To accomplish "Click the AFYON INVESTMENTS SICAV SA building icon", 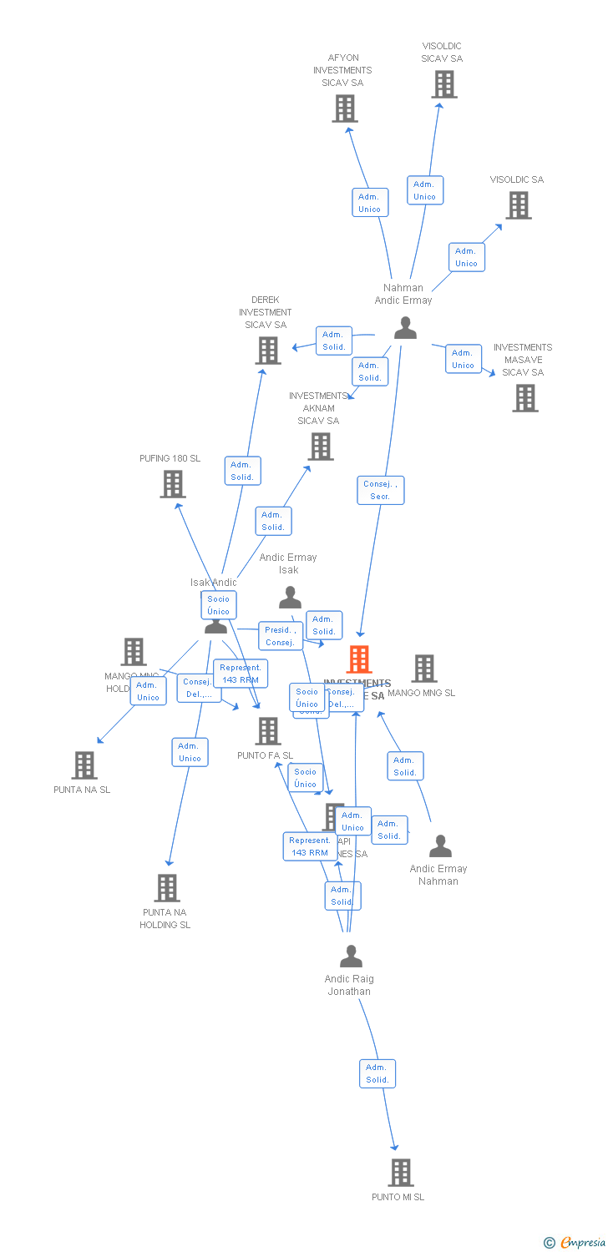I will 345,109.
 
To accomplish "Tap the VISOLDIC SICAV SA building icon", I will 444,84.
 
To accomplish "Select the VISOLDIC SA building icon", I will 519,205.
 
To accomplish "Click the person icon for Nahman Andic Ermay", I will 405,328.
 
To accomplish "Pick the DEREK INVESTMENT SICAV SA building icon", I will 268,351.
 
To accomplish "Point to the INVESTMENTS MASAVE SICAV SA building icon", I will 525,398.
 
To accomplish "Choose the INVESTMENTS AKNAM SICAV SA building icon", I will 321,447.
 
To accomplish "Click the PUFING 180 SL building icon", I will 173,484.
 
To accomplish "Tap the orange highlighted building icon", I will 359,659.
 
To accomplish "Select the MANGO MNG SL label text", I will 422,693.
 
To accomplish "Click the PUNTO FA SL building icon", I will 268,731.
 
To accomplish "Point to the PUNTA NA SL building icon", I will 84,765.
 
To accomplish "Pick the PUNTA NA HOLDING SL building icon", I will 167,888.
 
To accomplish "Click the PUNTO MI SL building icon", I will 401,1173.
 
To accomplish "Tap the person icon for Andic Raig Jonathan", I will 352,956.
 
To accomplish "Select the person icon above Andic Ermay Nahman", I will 440,846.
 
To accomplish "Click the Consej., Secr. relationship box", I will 381,490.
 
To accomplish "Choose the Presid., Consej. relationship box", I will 279,636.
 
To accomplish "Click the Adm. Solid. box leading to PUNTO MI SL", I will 377,1073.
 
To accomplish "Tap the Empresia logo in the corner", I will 575,1243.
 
